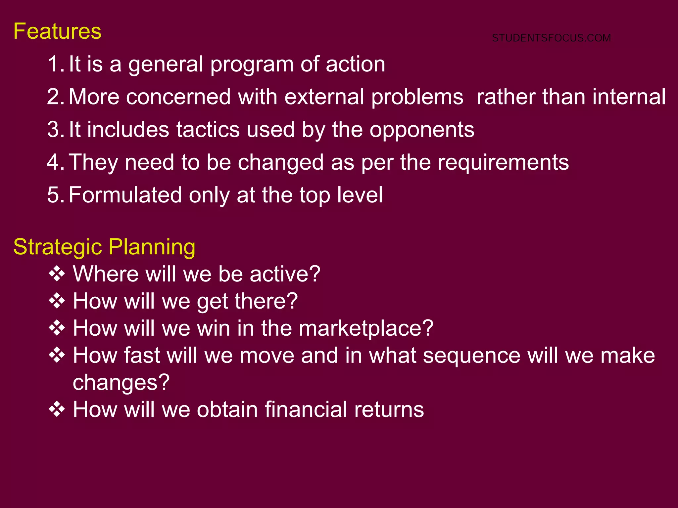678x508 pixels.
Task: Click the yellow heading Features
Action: tap(57, 32)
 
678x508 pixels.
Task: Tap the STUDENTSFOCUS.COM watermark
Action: tap(551, 38)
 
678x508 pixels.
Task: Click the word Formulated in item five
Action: tap(125, 195)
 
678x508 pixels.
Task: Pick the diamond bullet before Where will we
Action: tap(57, 274)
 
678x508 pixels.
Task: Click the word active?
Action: tap(285, 274)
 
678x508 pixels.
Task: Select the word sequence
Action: tap(472, 356)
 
